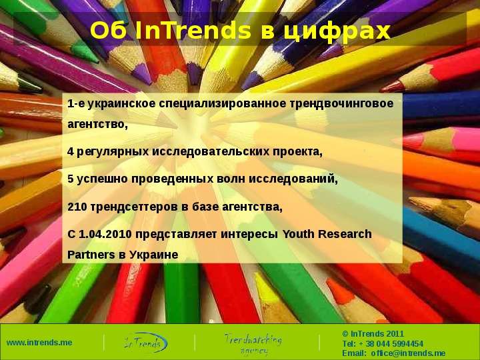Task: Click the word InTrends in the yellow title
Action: [x=193, y=31]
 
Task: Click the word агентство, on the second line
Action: [x=97, y=124]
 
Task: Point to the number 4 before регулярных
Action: [x=71, y=151]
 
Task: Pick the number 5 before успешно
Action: [x=71, y=179]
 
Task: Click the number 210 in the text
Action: [x=77, y=207]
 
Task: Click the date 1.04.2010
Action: [x=105, y=234]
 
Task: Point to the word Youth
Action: [x=298, y=234]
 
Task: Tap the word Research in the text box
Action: [x=345, y=234]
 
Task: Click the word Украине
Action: [x=153, y=255]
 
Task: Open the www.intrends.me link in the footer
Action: [x=39, y=342]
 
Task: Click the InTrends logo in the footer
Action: [x=146, y=342]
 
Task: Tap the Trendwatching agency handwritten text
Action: [x=253, y=343]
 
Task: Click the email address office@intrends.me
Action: [x=408, y=353]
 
